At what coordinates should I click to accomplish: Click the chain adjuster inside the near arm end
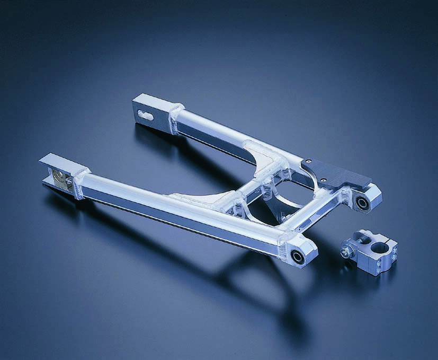62,179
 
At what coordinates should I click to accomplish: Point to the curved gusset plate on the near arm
199,200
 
